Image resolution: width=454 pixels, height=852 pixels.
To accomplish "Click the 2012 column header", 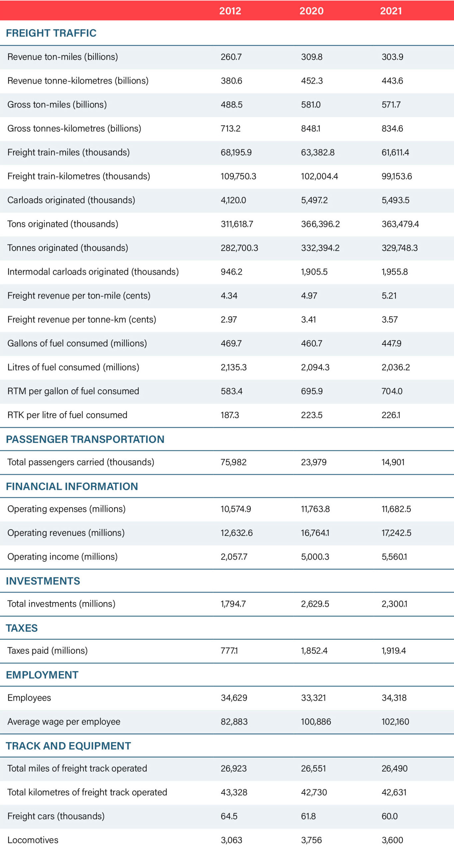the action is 230,11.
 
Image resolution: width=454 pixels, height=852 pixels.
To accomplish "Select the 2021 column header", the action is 391,11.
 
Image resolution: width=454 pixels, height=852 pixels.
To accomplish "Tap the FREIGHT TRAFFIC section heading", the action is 51,33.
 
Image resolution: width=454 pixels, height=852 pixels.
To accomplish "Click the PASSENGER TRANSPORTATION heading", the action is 85,439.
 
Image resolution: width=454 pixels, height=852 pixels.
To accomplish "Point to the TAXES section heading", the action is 22,628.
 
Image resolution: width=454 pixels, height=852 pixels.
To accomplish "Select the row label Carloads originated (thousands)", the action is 71,200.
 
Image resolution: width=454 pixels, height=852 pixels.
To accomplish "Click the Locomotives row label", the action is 33,840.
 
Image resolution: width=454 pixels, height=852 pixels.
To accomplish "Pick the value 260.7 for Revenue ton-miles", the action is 231,57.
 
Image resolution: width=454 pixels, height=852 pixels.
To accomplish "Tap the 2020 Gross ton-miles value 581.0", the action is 311,105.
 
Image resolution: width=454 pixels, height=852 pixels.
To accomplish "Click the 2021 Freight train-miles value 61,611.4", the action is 395,152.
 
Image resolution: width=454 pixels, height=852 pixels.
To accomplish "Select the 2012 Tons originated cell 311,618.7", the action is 237,224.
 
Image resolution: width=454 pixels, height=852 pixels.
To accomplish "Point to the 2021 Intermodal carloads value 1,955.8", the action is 394,272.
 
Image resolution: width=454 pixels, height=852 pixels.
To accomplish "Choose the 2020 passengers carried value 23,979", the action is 313,462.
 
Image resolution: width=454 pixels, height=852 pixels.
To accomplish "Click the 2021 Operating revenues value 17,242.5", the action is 396,532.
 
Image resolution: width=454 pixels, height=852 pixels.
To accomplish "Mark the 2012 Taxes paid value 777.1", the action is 229,650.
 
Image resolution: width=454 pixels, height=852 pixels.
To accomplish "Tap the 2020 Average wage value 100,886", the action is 316,721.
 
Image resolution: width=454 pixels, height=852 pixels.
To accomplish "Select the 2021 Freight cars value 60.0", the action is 389,816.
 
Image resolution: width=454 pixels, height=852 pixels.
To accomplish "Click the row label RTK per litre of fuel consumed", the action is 67,415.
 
